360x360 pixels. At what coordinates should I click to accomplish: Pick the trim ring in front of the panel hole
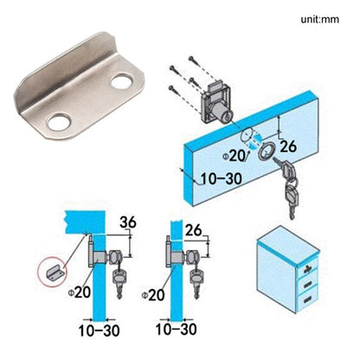coord(263,151)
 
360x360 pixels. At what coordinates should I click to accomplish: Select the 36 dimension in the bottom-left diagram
coord(126,222)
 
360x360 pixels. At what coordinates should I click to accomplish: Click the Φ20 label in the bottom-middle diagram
coord(157,294)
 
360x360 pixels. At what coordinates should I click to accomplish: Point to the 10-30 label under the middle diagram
coord(176,331)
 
